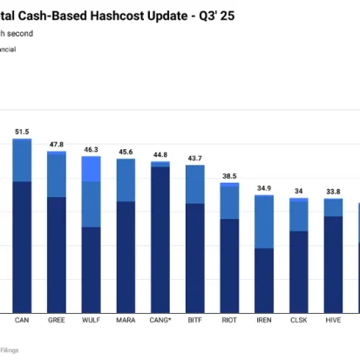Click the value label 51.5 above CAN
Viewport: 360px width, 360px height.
point(22,131)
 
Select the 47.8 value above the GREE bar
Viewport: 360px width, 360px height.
point(57,144)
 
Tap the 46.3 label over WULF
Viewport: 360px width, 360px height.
point(91,150)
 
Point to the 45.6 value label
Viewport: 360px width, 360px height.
point(126,152)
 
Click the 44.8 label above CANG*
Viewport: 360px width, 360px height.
point(160,154)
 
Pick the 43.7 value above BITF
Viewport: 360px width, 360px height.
point(195,158)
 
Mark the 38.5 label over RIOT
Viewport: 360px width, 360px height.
point(230,175)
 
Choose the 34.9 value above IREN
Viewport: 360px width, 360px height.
point(264,187)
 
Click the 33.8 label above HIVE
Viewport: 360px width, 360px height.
point(333,191)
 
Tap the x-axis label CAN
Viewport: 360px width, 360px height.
point(22,320)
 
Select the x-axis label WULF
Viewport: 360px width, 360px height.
point(91,320)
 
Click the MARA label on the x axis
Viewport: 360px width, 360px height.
point(126,320)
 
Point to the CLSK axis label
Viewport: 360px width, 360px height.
point(299,320)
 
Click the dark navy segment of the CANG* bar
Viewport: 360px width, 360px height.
point(160,240)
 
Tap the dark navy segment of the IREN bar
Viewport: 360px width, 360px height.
point(264,280)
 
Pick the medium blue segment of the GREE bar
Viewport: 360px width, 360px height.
point(57,175)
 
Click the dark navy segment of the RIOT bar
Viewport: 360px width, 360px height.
point(230,265)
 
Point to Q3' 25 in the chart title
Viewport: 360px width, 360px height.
point(215,16)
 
